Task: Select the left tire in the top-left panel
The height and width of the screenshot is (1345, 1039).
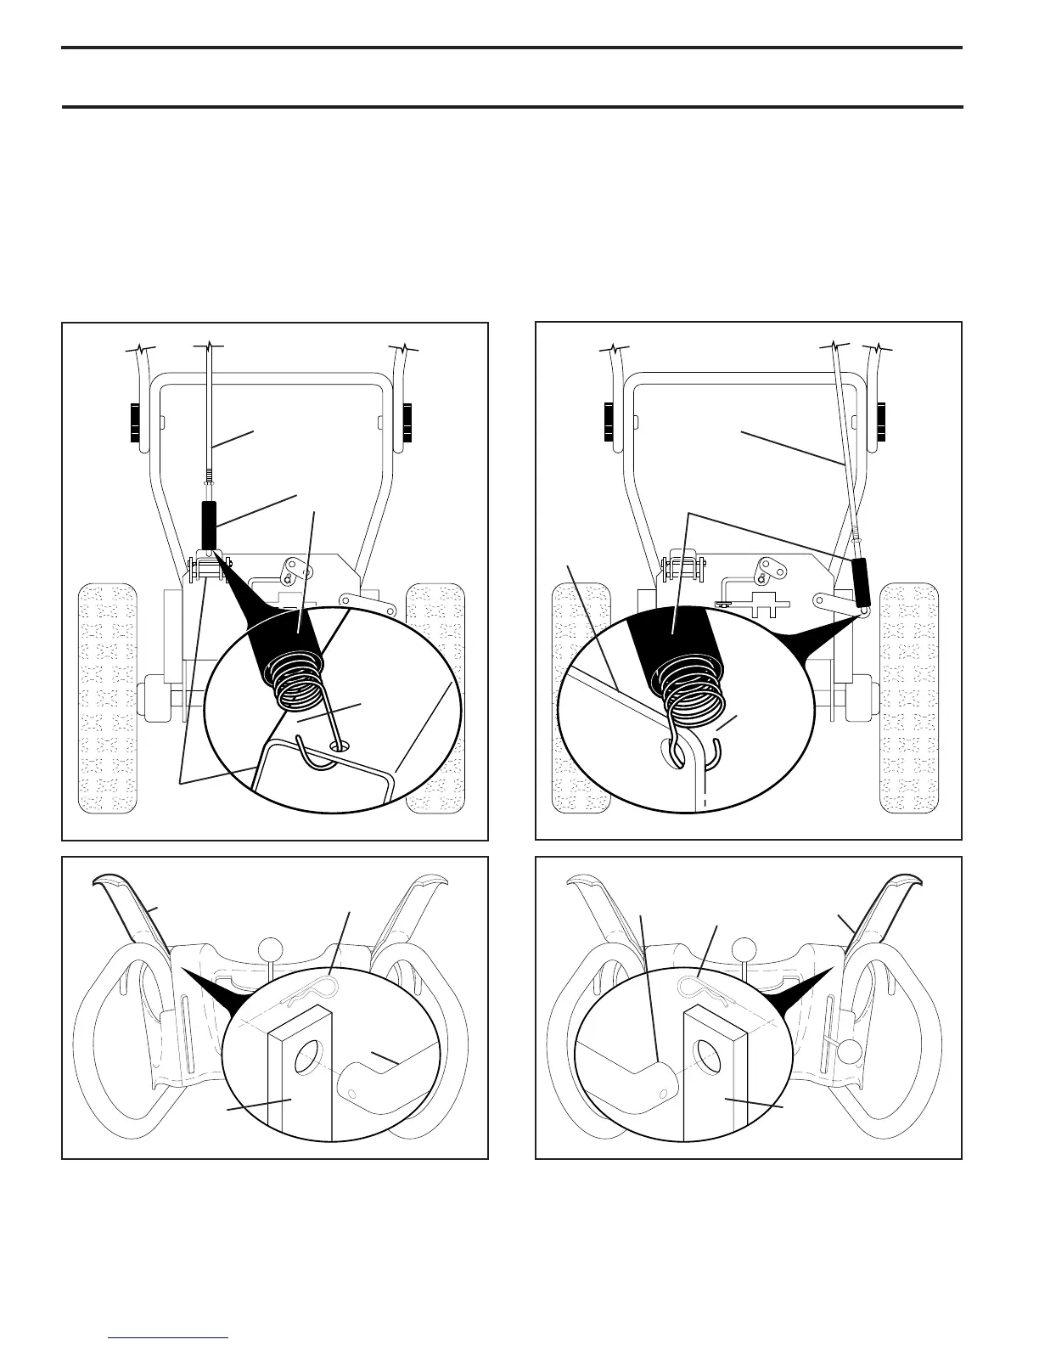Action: pyautogui.click(x=108, y=696)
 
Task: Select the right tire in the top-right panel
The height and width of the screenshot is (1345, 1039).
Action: pyautogui.click(x=911, y=696)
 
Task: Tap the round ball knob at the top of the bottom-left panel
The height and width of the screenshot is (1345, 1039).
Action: pyautogui.click(x=271, y=947)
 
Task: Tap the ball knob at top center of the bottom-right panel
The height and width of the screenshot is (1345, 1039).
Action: pyautogui.click(x=745, y=948)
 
